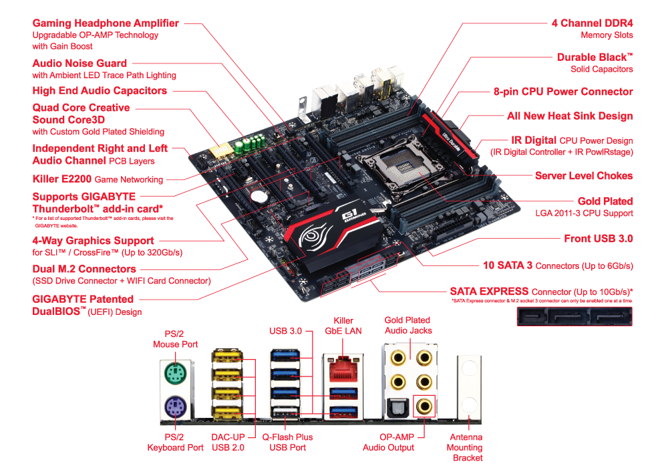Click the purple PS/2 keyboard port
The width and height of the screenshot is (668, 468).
tap(176, 407)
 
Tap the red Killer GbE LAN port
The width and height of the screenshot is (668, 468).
tap(343, 369)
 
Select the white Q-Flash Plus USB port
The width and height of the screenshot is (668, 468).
tap(285, 412)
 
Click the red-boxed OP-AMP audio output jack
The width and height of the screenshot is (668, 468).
tap(424, 406)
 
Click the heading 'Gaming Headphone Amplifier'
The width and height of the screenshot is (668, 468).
tap(106, 23)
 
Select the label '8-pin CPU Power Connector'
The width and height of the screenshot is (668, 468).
tap(562, 92)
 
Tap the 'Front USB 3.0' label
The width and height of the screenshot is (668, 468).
tap(598, 238)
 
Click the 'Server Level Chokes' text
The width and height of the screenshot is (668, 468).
tap(584, 176)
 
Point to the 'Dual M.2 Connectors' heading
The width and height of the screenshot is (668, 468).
tap(84, 269)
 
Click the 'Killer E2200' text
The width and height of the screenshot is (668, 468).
tap(62, 179)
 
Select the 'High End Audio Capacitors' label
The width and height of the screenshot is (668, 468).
tap(100, 91)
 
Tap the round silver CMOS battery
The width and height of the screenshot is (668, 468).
tap(258, 197)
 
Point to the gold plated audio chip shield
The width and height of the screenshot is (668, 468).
tap(221, 150)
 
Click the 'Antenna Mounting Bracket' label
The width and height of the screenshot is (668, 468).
tap(465, 447)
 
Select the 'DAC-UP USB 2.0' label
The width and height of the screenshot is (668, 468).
tap(228, 443)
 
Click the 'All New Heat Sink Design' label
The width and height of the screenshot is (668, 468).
tap(570, 116)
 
